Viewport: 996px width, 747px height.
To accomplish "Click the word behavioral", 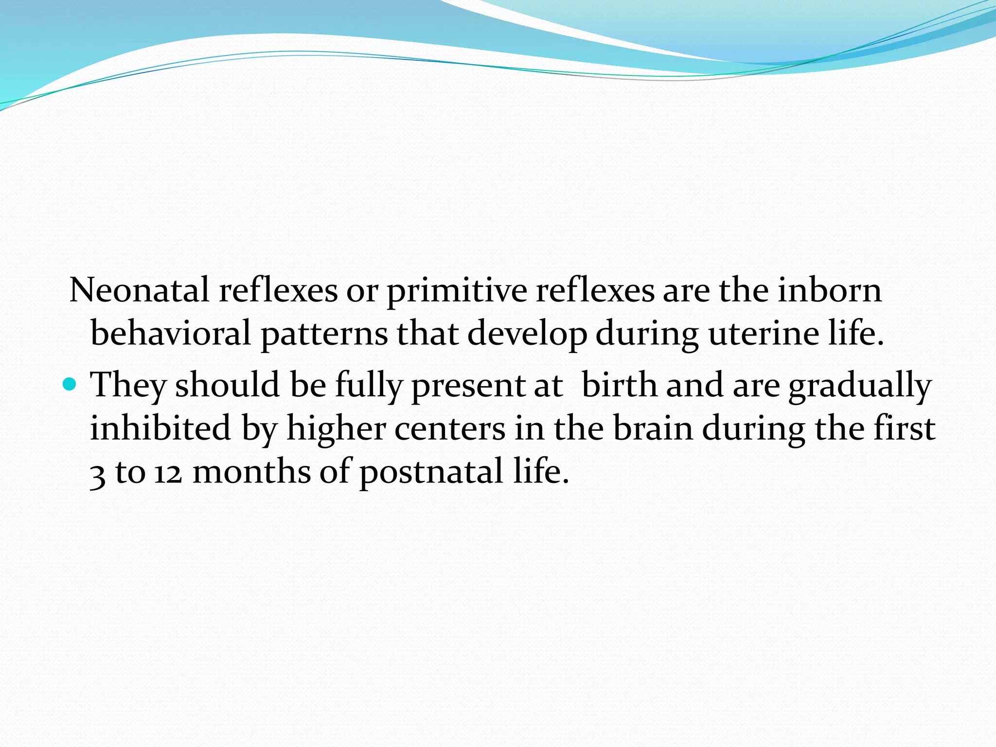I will pyautogui.click(x=171, y=334).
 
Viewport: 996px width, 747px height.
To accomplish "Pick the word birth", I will pyautogui.click(x=619, y=385).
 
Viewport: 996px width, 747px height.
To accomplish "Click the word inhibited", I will pyautogui.click(x=160, y=428).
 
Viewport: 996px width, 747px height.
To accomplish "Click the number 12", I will pyautogui.click(x=168, y=472).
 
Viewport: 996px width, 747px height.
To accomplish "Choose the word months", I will pyautogui.click(x=251, y=471).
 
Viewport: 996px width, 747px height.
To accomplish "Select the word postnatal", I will pyautogui.click(x=431, y=472).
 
